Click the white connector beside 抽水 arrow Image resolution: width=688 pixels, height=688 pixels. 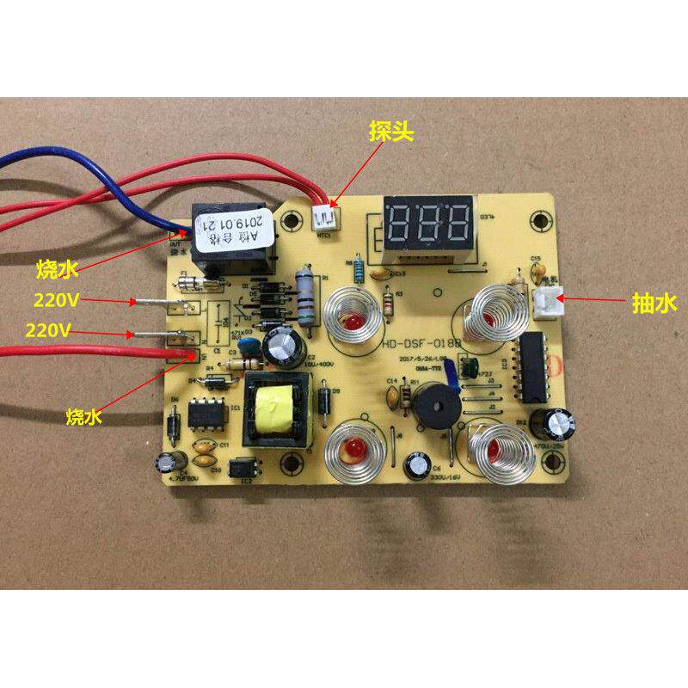[x=547, y=302]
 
